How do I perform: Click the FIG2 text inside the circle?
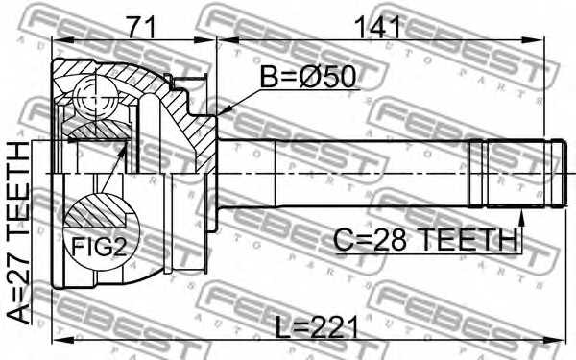click(99, 248)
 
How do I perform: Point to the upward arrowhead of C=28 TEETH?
click(521, 212)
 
